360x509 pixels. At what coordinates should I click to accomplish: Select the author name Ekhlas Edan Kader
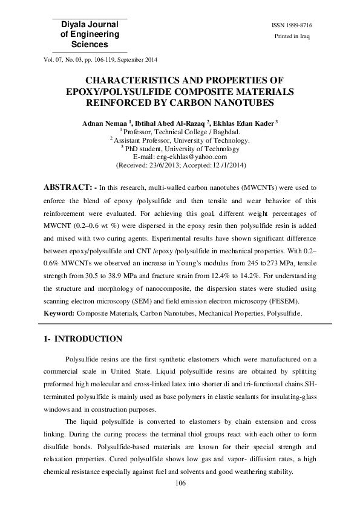point(244,123)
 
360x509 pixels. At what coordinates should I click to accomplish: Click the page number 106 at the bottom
point(180,483)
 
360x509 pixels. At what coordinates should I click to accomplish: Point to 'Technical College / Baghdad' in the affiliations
point(197,132)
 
